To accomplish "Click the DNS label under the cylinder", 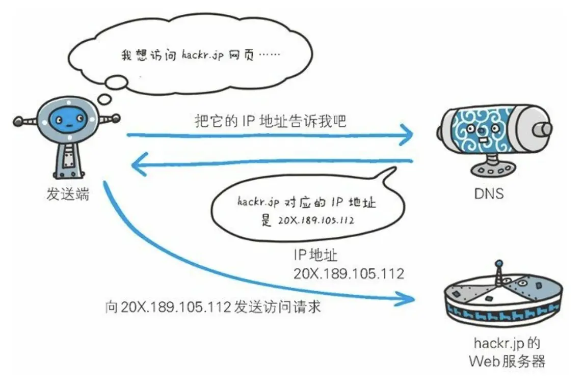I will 488,193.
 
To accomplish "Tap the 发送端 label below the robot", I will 67,193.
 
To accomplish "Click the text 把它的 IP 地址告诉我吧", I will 270,121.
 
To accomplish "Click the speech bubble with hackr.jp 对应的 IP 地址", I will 306,209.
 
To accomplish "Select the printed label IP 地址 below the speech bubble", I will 314,255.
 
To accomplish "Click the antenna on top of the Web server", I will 499,272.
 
